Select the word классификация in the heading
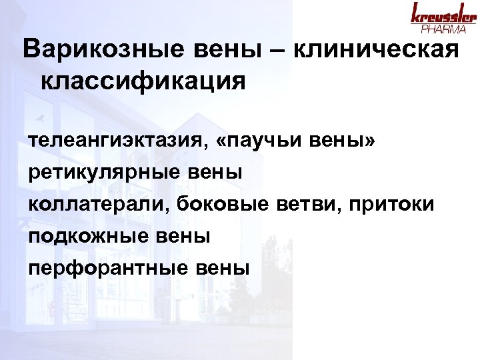pos(143,83)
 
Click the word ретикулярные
pos(98,173)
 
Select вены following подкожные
pos(188,237)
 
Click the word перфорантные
pos(107,268)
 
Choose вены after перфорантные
pos(225,268)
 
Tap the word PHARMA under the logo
pos(443,29)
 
